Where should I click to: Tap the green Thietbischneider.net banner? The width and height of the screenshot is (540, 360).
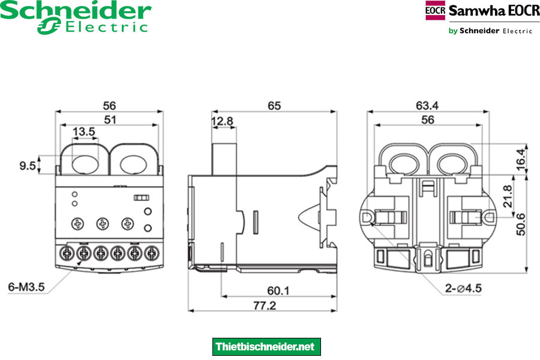267,347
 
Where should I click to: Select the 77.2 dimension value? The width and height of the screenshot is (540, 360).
263,305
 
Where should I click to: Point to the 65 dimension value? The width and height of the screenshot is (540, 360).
274,106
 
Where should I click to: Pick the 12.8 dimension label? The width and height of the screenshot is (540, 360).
222,122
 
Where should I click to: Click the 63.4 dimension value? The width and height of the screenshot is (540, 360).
427,106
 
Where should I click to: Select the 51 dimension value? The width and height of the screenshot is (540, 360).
110,119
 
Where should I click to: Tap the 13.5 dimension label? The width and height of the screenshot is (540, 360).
83,132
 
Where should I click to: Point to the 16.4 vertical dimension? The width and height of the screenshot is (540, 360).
520,158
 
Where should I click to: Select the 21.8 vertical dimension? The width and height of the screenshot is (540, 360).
507,196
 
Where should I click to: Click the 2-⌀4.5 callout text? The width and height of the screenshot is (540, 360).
463,289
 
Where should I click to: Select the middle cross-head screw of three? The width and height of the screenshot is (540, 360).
102,224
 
